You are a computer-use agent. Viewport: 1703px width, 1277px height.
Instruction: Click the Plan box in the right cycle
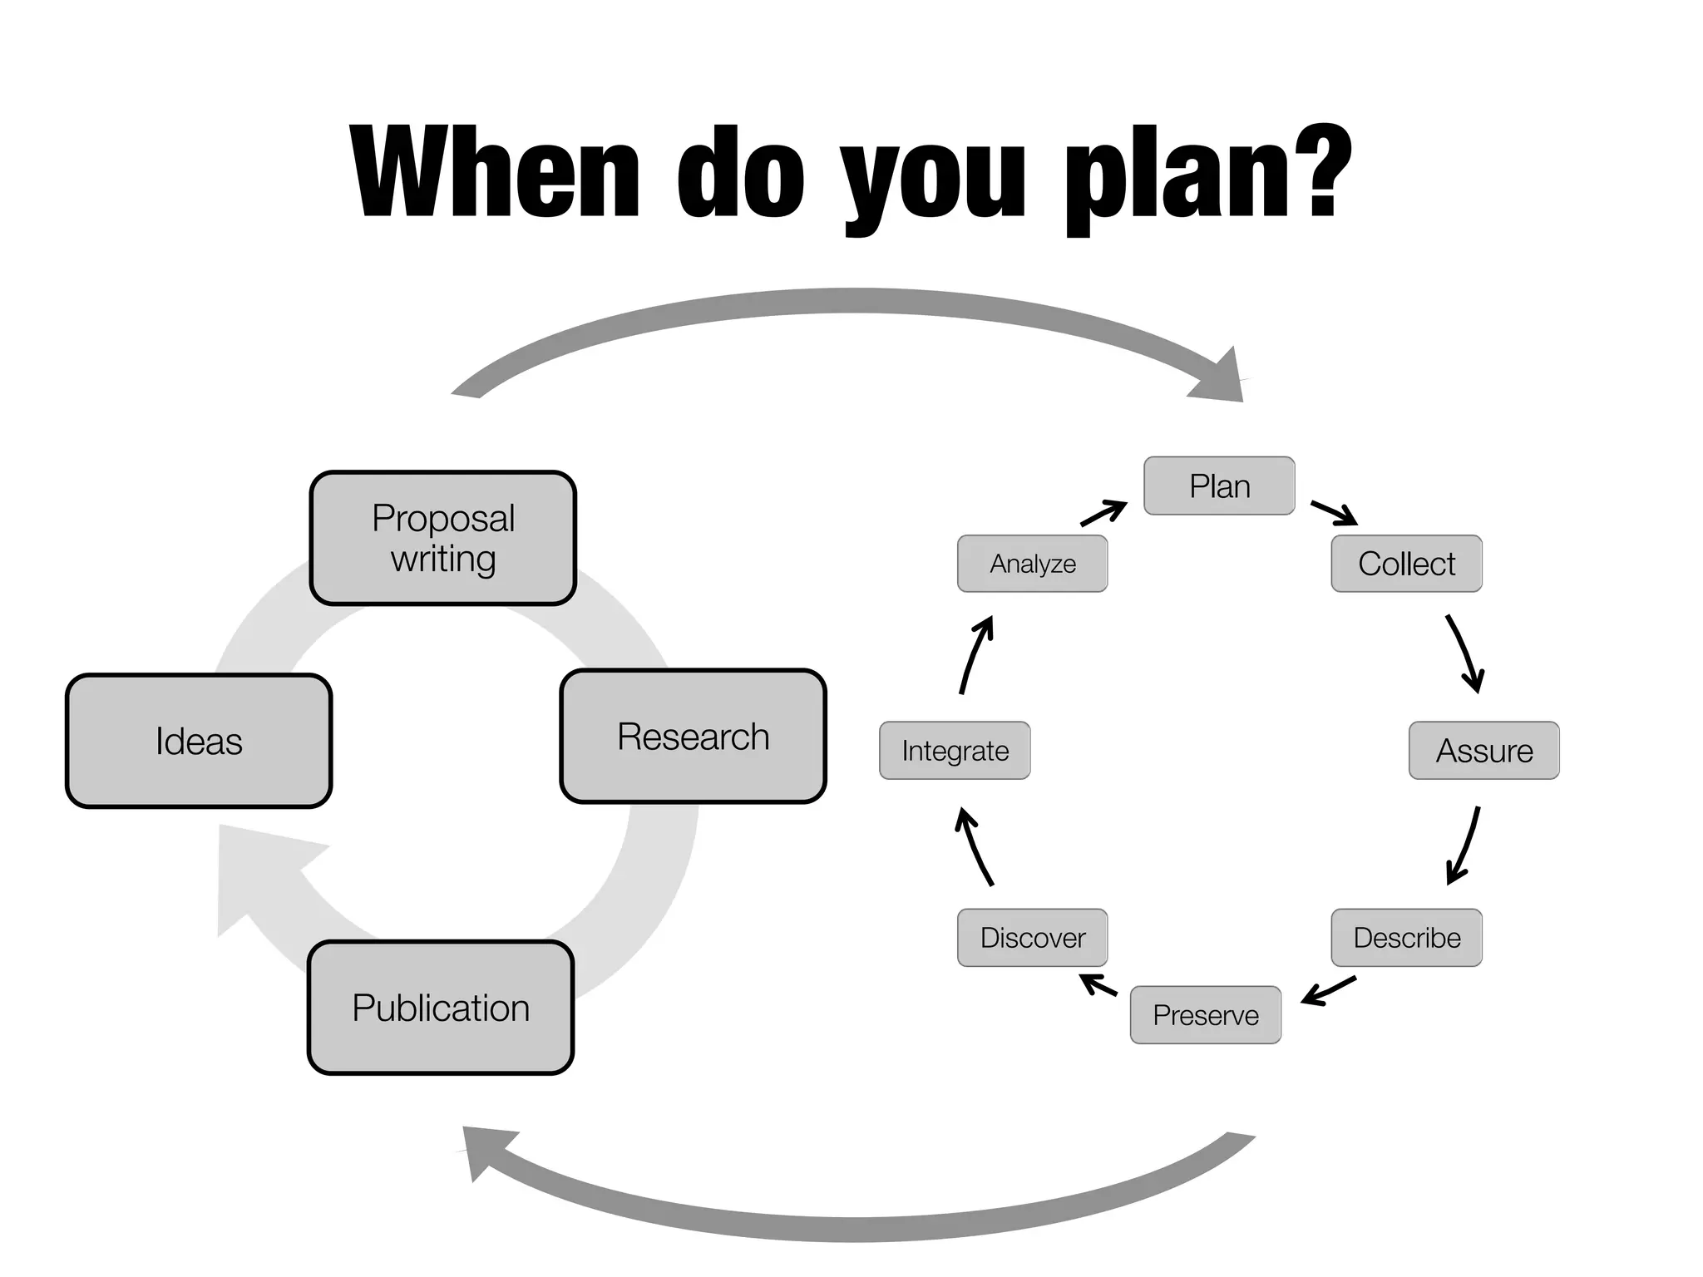click(1219, 486)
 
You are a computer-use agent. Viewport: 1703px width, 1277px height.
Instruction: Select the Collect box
click(1406, 564)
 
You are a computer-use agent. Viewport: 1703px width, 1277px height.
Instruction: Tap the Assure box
click(1483, 751)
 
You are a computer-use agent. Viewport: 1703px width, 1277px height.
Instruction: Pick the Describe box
click(1406, 938)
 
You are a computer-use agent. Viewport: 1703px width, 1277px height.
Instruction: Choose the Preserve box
click(1205, 1015)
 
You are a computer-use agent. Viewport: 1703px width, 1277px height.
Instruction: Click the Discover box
click(1032, 938)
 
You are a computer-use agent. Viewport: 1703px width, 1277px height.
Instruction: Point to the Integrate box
click(955, 751)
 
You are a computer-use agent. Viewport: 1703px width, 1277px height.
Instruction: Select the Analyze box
click(1032, 564)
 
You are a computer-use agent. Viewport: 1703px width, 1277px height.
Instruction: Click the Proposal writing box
click(443, 538)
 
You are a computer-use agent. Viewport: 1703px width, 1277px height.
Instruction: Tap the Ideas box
click(199, 741)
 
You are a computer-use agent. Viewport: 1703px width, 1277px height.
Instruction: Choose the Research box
click(693, 737)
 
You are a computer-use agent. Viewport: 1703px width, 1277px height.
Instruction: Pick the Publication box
click(441, 1008)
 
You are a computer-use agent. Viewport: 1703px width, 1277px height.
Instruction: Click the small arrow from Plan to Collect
click(1334, 513)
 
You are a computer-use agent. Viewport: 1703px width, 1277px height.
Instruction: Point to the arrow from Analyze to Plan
click(1103, 513)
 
